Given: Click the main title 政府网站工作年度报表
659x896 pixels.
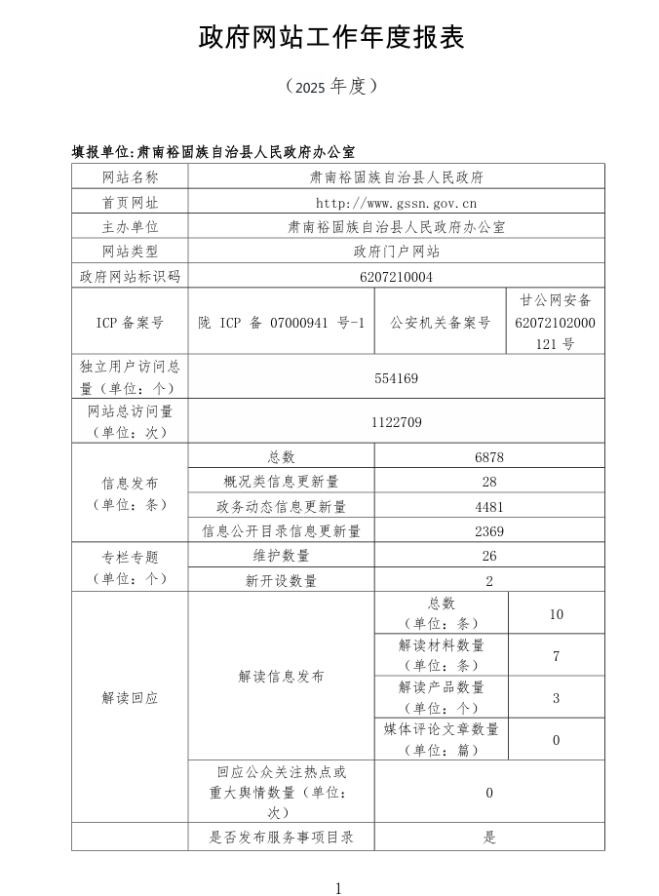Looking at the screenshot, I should click(331, 38).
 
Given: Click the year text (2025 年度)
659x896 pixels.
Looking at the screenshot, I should click(331, 87).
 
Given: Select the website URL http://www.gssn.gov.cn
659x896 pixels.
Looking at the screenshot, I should click(396, 203).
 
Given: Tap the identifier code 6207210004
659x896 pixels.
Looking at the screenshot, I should click(396, 277).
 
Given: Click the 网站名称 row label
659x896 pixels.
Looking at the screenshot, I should click(130, 177).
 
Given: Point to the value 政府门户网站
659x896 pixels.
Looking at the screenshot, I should click(396, 252).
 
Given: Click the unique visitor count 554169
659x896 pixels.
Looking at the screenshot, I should click(396, 377).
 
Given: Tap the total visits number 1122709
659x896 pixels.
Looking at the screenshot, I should click(396, 422).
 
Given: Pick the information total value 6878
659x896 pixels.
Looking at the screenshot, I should click(489, 457).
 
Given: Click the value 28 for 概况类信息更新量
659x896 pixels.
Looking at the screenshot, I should click(489, 482).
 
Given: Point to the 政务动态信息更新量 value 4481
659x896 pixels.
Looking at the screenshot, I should click(489, 507).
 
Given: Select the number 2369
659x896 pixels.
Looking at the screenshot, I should click(489, 531).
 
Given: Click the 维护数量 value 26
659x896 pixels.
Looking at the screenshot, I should click(489, 556).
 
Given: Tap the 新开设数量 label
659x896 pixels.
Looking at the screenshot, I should click(281, 581).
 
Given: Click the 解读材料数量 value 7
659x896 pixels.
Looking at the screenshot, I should click(556, 656).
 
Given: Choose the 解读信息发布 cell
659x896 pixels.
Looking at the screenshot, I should click(281, 677).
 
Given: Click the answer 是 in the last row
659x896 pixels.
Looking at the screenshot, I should click(489, 837).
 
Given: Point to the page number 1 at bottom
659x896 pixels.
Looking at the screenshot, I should click(338, 887).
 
